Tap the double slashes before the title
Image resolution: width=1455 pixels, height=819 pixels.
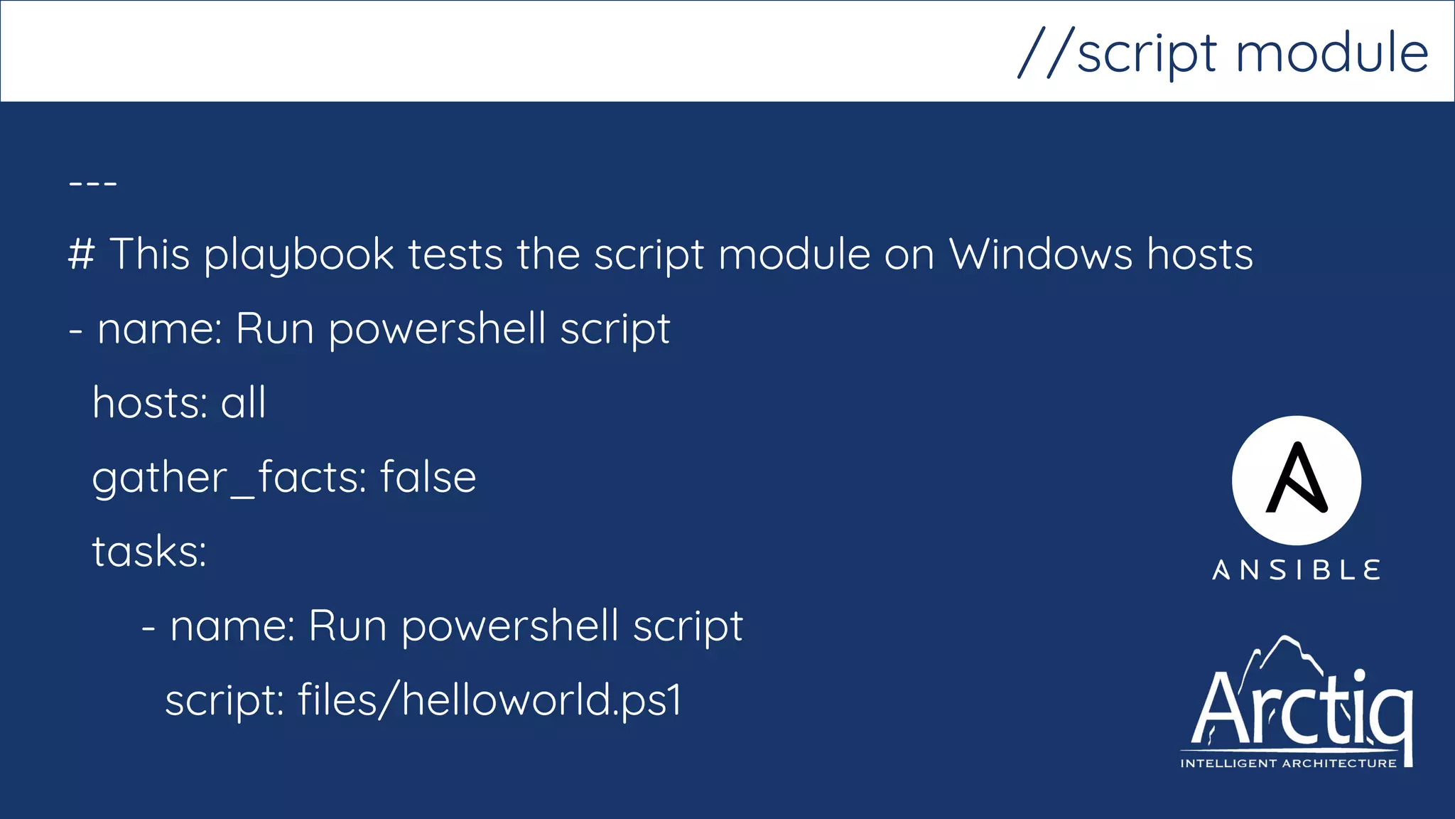[1044, 53]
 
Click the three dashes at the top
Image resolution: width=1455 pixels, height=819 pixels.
[93, 183]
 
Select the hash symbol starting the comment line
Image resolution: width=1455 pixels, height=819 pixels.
[81, 254]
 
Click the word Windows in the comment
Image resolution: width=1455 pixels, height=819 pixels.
[1041, 254]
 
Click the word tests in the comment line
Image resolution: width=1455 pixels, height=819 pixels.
[455, 255]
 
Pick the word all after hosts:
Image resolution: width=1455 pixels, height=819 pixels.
[243, 402]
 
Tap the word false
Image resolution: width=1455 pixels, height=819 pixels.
[428, 476]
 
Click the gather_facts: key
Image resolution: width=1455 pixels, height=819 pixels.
[229, 478]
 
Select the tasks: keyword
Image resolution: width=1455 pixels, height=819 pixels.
[149, 551]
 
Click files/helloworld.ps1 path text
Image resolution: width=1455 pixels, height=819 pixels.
[489, 700]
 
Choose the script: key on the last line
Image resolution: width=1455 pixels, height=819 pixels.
[225, 701]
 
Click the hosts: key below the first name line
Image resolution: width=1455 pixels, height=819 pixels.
[150, 402]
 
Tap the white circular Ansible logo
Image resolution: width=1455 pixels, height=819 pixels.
[1296, 481]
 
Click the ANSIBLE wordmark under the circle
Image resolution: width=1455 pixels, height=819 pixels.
[1296, 570]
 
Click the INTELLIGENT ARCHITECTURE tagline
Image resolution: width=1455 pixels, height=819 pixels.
[1288, 764]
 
